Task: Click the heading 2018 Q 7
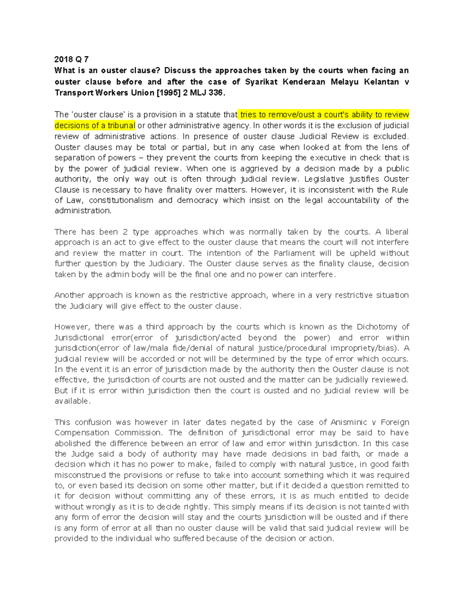coord(72,59)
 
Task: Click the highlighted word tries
coord(249,115)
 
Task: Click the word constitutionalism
coord(121,200)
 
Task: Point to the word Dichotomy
coord(375,327)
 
